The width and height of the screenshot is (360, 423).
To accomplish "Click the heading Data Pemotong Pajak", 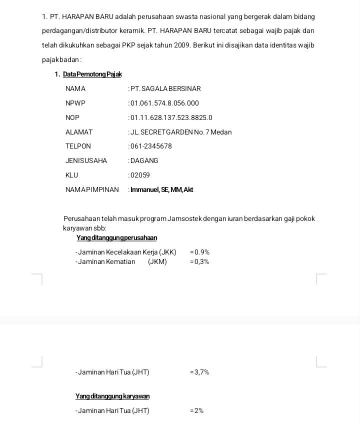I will click(x=92, y=74).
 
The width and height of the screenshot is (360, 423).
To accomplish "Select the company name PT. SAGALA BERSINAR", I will click(x=165, y=89).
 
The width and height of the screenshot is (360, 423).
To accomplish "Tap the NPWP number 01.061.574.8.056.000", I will click(x=164, y=103).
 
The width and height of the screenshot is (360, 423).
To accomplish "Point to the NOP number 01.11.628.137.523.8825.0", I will click(x=171, y=118).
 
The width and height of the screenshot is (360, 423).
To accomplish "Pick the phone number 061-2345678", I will click(x=151, y=146).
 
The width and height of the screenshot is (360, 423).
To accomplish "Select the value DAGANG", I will click(x=144, y=161).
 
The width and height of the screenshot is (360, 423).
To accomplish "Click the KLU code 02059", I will click(x=140, y=175).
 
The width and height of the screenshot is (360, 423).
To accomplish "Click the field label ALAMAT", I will click(x=79, y=132).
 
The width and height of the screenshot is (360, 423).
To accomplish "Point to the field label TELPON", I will click(x=78, y=146).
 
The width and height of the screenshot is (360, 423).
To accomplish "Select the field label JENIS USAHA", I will click(x=86, y=161).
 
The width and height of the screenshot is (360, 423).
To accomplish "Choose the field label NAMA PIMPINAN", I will click(x=92, y=190).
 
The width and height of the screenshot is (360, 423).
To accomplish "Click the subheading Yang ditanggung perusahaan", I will click(x=116, y=238).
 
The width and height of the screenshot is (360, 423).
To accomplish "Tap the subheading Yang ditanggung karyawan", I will click(x=112, y=396).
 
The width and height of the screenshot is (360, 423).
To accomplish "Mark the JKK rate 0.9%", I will click(x=201, y=252).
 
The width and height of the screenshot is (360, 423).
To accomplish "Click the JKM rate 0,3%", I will click(x=201, y=262).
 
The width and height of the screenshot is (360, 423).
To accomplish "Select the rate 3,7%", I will click(x=201, y=372).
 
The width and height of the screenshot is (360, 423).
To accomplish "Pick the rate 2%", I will click(x=198, y=411).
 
